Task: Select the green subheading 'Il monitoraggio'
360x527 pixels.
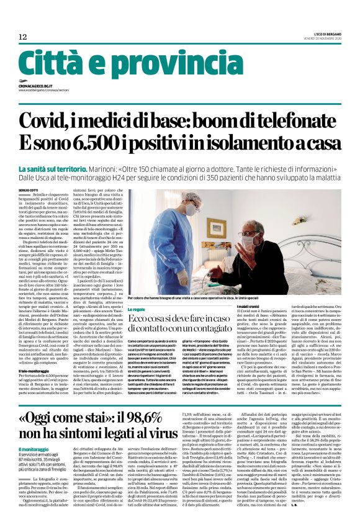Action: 36,449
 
